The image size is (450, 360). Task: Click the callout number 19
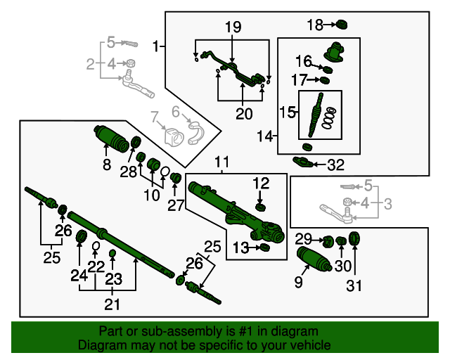[x=233, y=27]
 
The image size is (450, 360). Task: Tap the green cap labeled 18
[x=343, y=25]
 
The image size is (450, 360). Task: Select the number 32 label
[x=336, y=166]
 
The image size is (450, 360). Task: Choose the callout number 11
[x=222, y=163]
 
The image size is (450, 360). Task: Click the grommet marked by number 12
[x=260, y=206]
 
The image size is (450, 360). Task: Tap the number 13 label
[x=240, y=247]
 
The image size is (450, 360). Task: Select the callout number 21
[x=112, y=304]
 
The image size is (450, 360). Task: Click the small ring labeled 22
[x=96, y=245]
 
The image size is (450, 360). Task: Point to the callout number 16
[x=303, y=60]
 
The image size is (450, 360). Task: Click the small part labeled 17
[x=324, y=79]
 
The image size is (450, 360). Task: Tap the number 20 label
[x=243, y=114]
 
